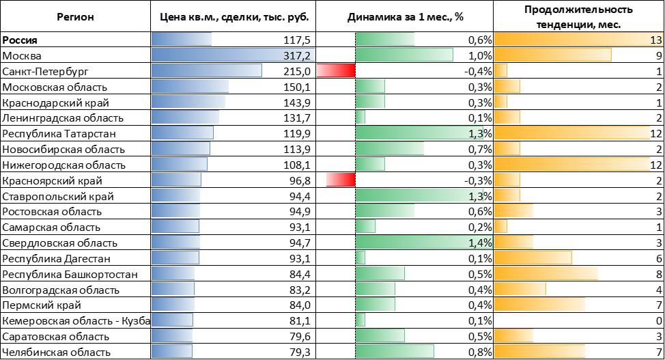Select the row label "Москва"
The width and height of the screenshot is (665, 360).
(x=23, y=55)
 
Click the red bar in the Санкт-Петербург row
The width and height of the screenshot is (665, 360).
(x=340, y=71)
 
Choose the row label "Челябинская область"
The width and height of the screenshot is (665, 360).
(x=56, y=352)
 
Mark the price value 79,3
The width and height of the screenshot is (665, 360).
(x=301, y=352)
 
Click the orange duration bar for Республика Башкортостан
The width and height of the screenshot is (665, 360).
(x=546, y=275)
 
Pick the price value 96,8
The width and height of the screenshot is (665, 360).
(x=301, y=181)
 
